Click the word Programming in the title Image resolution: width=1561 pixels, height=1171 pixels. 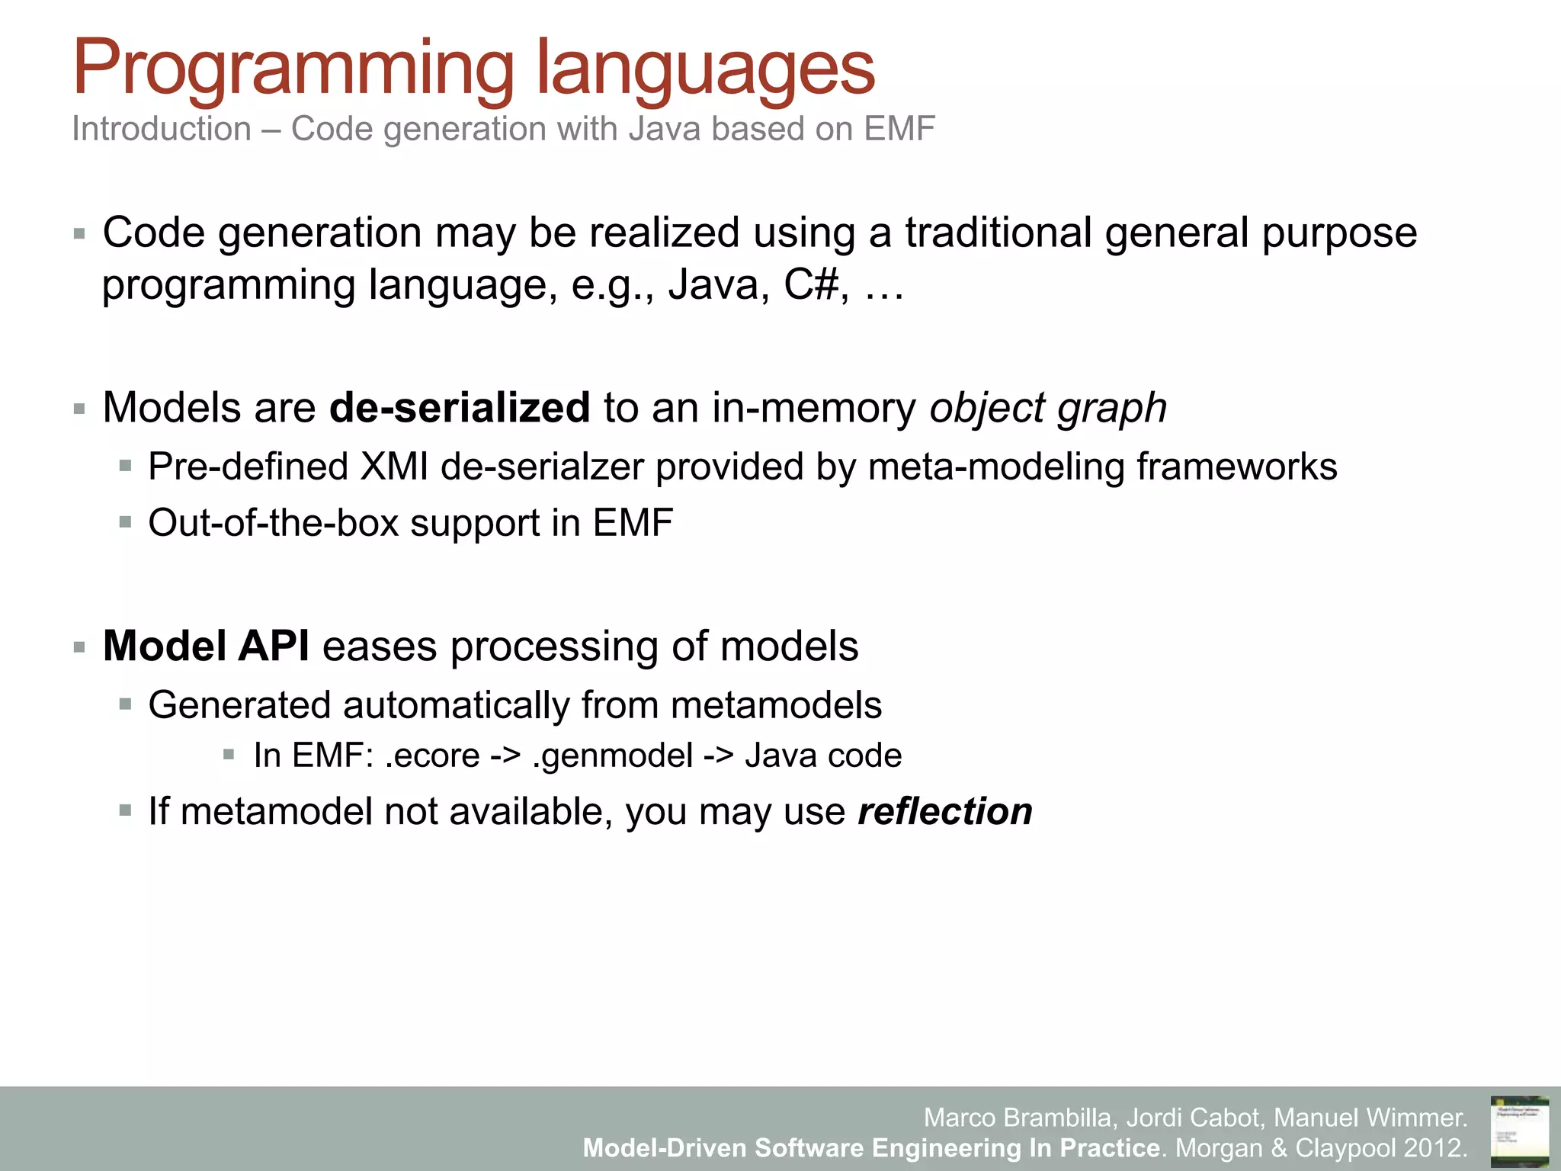293,70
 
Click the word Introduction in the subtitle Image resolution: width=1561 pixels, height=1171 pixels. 162,129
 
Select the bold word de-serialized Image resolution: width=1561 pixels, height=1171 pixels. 460,408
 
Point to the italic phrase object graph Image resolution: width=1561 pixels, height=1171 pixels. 1048,408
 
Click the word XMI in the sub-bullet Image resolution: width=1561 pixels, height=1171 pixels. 394,467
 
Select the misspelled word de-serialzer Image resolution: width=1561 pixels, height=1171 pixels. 543,467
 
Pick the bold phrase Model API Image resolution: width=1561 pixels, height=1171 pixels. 206,646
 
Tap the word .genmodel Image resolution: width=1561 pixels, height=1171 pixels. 613,756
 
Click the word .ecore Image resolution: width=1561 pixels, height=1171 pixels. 432,756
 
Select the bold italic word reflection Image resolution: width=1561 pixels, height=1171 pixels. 945,811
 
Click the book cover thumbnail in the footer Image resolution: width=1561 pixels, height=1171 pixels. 1519,1131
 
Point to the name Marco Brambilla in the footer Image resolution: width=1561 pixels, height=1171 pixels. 1020,1118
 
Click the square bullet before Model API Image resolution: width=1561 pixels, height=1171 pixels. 80,648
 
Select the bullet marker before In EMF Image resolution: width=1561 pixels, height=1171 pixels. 229,755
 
